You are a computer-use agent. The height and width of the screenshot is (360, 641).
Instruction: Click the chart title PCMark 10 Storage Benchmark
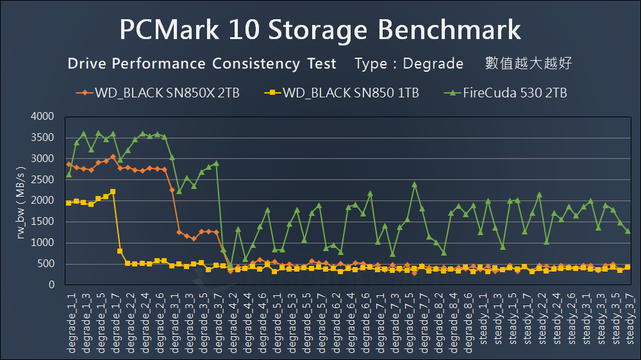(x=320, y=30)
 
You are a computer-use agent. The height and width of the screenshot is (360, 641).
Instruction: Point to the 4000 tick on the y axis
(x=43, y=117)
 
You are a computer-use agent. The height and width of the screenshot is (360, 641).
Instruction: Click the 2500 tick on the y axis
(x=43, y=180)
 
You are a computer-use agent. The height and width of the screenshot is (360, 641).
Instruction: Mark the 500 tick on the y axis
(x=47, y=264)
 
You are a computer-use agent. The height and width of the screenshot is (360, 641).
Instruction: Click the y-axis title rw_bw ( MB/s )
(x=21, y=200)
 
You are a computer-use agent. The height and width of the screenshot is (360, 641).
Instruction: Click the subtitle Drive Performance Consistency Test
(x=202, y=64)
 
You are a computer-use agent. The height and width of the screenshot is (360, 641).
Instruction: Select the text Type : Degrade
(x=409, y=64)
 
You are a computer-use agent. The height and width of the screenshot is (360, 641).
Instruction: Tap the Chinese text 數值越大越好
(x=528, y=63)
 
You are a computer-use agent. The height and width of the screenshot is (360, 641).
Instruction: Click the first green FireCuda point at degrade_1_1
(x=69, y=174)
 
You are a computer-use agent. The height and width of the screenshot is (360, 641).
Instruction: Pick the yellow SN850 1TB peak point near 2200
(x=113, y=192)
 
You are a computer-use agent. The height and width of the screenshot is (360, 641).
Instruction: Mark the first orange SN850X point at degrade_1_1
(x=69, y=165)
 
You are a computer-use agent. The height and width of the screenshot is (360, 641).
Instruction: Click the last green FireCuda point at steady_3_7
(x=628, y=231)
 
